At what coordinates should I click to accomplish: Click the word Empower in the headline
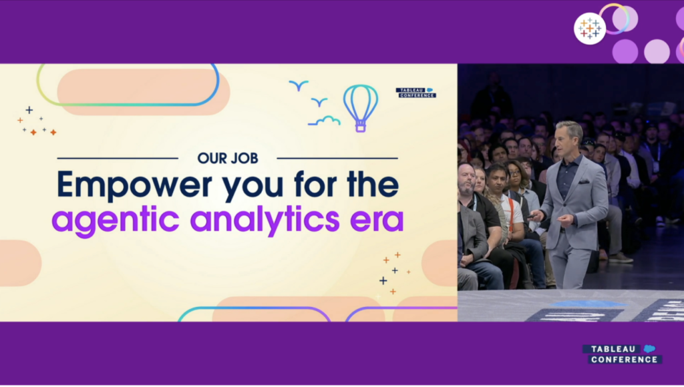click(x=134, y=185)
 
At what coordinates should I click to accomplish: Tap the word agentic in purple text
click(x=116, y=220)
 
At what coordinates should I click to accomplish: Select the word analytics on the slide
click(x=265, y=220)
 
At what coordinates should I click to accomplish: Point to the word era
click(x=377, y=222)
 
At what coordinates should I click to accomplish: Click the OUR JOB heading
click(x=228, y=158)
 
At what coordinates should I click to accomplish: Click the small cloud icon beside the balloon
click(x=324, y=121)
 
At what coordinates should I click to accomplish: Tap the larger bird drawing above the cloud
click(x=299, y=85)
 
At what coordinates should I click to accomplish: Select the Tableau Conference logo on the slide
click(x=415, y=92)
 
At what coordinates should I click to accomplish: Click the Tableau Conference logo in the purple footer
click(x=623, y=354)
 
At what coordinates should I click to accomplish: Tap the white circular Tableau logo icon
click(x=590, y=28)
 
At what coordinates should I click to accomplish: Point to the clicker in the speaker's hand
click(x=531, y=216)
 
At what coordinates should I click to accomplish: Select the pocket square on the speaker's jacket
click(x=584, y=181)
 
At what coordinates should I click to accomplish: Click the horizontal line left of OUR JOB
click(x=118, y=158)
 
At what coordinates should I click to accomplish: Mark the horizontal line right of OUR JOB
click(x=337, y=158)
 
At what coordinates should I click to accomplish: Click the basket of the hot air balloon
click(x=360, y=127)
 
